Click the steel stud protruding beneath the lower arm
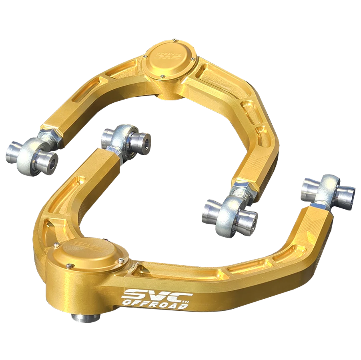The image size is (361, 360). coord(85,318)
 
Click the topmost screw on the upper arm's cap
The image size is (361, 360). coord(175,40)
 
